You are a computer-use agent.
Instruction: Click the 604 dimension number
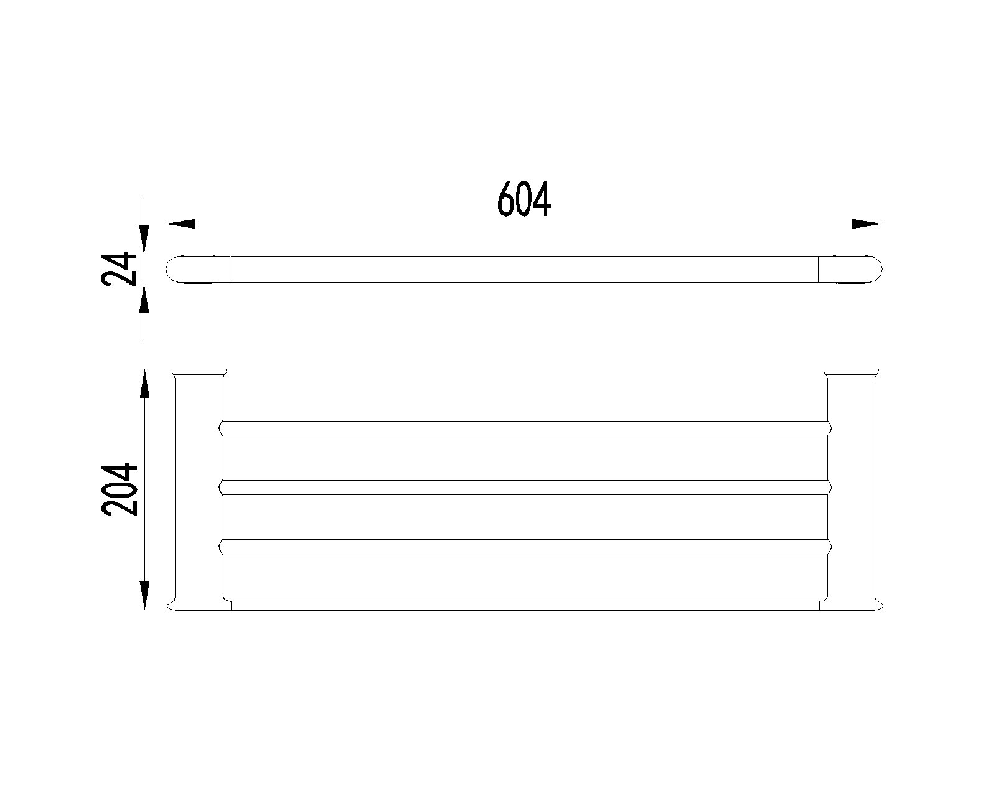[524, 199]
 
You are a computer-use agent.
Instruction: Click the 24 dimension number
[119, 269]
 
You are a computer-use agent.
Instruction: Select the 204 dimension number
[120, 489]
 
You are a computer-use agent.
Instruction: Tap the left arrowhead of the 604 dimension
[181, 224]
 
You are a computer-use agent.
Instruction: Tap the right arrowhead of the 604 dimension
[867, 224]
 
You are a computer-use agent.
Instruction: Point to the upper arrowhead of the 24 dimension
[144, 238]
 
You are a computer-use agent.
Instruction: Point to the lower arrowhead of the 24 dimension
[144, 299]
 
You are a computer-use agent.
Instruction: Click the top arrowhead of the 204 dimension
[145, 384]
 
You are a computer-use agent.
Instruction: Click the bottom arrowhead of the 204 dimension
[145, 595]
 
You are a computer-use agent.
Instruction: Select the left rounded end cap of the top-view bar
[198, 269]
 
